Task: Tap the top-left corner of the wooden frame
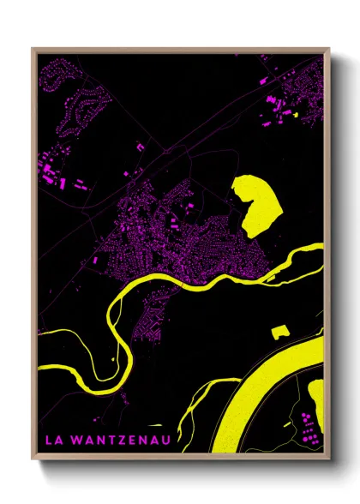click(33, 49)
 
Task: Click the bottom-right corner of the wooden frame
click(329, 460)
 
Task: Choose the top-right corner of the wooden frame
click(329, 49)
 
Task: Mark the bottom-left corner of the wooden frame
click(33, 460)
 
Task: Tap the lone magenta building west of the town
click(93, 259)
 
